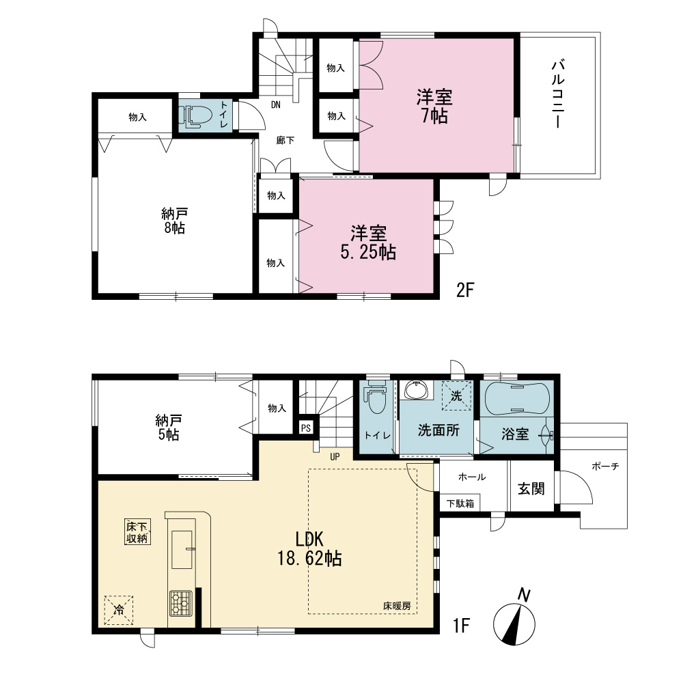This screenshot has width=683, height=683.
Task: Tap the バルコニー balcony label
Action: pyautogui.click(x=558, y=94)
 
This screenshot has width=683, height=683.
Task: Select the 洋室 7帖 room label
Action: pyautogui.click(x=434, y=107)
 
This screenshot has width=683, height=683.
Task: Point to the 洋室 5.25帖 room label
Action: pyautogui.click(x=368, y=243)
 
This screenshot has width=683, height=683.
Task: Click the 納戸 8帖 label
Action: pyautogui.click(x=174, y=221)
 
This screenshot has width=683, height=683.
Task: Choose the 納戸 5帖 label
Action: pyautogui.click(x=168, y=428)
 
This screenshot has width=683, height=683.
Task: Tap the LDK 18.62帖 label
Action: pyautogui.click(x=309, y=549)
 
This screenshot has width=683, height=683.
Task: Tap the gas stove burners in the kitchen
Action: pyautogui.click(x=181, y=603)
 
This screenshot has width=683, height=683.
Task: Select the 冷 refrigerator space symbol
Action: pyautogui.click(x=118, y=610)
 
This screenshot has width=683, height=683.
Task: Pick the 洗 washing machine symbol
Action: pyautogui.click(x=456, y=395)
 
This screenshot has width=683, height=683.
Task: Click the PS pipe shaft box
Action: pyautogui.click(x=306, y=428)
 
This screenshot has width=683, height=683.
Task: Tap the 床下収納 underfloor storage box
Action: pyautogui.click(x=138, y=532)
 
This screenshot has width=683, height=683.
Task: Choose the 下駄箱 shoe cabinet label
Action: pyautogui.click(x=460, y=503)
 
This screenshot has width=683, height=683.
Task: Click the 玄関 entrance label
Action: pyautogui.click(x=531, y=489)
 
